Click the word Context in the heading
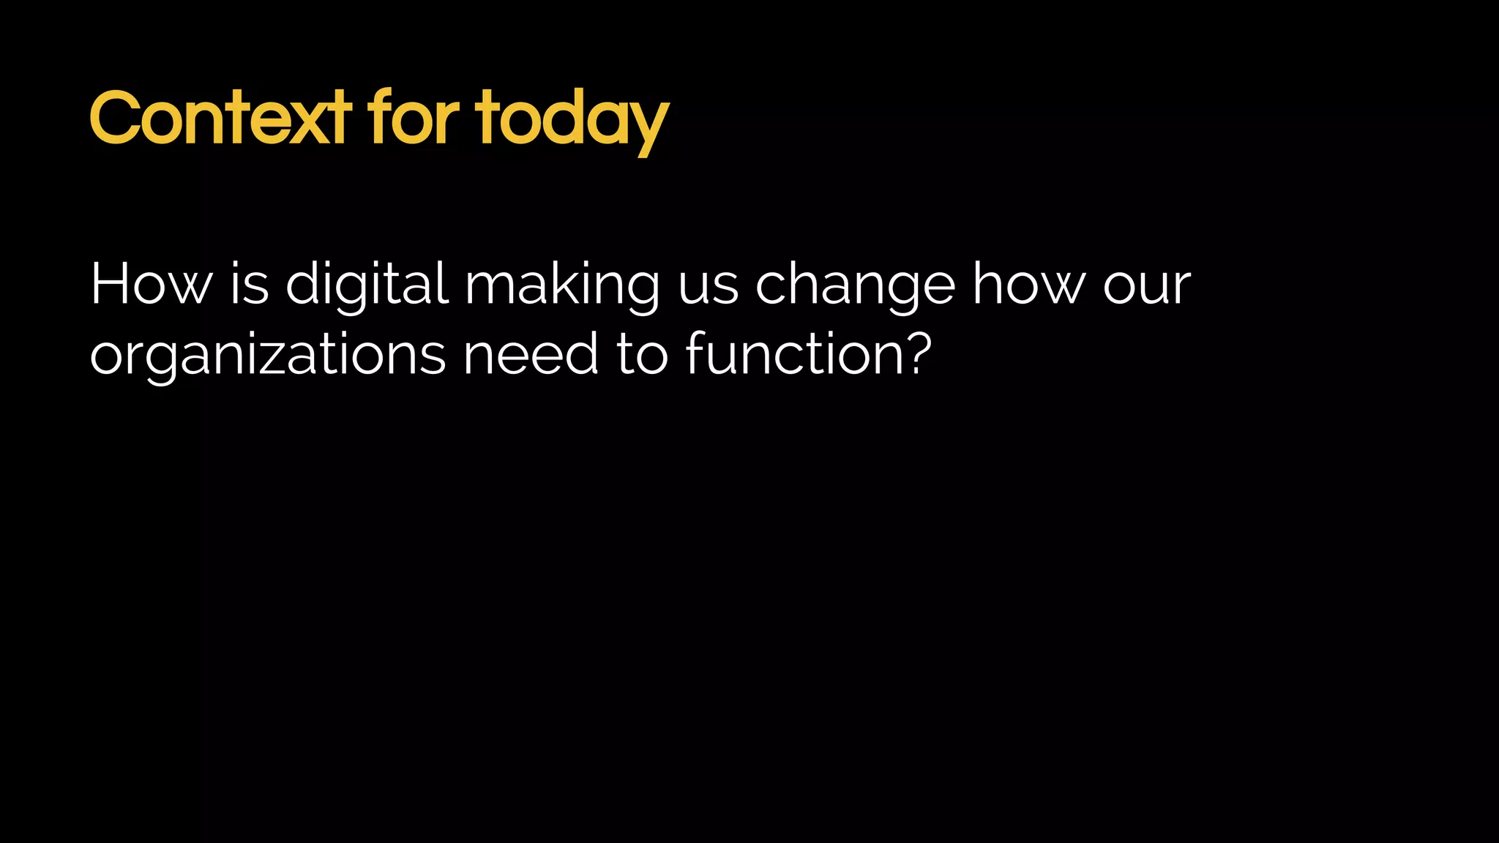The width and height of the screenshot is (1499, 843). (x=220, y=119)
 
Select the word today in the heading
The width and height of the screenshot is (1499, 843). (x=572, y=121)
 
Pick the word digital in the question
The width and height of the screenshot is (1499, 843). (x=367, y=285)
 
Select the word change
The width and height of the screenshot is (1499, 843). (x=854, y=285)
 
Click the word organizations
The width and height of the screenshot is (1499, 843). (x=268, y=356)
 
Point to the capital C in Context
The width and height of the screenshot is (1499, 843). (x=115, y=119)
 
